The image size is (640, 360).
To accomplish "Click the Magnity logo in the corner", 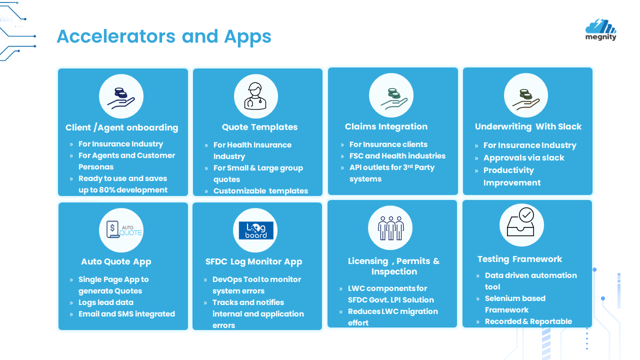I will pos(600,29).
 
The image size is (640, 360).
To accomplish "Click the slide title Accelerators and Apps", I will pos(164,36).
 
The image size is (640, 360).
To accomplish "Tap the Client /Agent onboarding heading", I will pos(121,127).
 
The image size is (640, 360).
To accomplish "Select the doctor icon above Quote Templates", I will pos(255,96).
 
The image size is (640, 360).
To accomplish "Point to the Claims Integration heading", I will pos(386,126).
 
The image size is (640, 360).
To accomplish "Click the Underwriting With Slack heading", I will pos(528,126).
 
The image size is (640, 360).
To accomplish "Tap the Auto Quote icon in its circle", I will pos(121,230).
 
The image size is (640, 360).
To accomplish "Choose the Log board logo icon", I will pos(255,230).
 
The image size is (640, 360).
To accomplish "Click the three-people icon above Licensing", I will pos(390,228).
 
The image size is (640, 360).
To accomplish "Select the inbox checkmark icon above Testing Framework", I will pos(521,224).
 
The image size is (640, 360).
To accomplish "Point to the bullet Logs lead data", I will pos(105,302).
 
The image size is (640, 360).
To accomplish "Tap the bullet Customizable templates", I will pos(260,190).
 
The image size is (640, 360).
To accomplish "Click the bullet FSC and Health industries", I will pos(397,155).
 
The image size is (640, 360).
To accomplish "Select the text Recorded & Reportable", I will pos(528,321).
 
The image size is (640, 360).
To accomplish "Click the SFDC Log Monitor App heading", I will pos(253,261).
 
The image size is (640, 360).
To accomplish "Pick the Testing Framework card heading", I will pos(519,259).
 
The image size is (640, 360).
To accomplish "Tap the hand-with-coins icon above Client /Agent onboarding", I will pos(121,97).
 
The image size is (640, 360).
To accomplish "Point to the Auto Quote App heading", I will pos(116,261).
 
